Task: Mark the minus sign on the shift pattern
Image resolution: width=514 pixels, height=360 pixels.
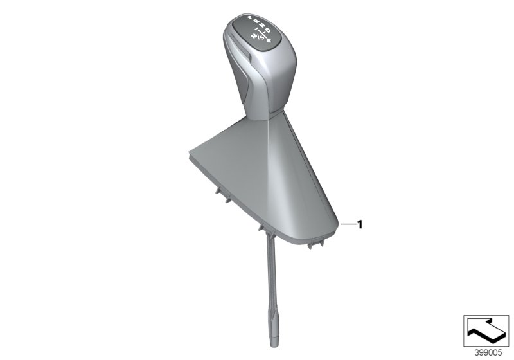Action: point(256,30)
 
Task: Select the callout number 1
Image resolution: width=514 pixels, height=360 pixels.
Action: point(360,224)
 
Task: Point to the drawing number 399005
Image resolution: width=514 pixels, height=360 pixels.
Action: point(486,353)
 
